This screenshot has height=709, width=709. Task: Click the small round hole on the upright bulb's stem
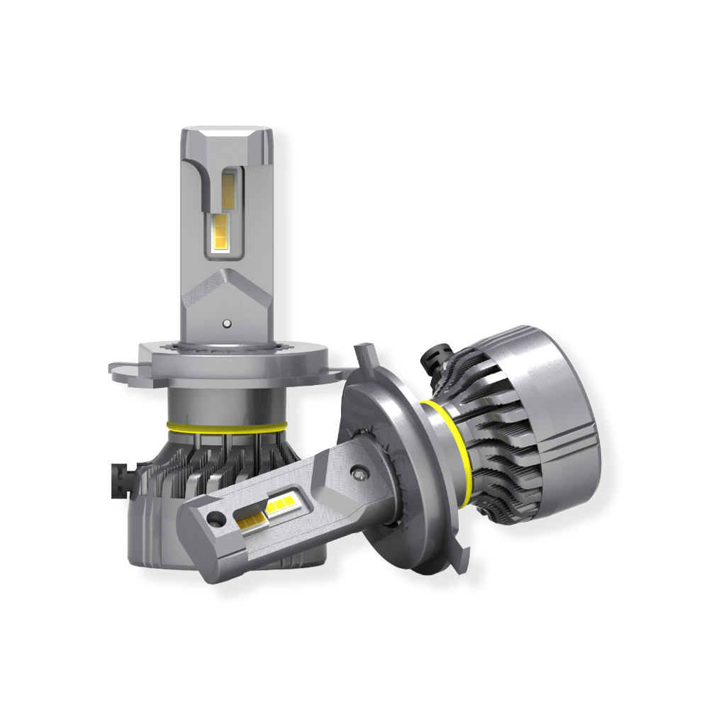[x=225, y=323]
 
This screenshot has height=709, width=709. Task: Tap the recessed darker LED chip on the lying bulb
[x=250, y=521]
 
